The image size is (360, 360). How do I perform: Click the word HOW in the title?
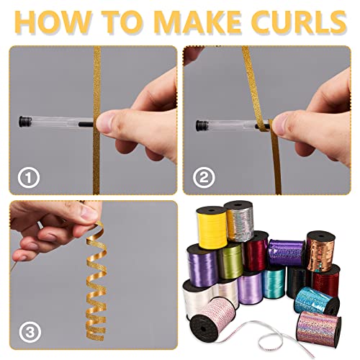53,22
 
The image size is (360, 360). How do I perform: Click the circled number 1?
28,178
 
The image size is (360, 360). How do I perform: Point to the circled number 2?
204,178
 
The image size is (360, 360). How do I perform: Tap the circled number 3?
30,333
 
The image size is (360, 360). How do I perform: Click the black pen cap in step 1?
24,122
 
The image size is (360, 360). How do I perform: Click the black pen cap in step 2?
200,126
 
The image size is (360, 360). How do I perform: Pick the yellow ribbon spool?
212,228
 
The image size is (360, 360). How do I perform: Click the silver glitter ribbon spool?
240,221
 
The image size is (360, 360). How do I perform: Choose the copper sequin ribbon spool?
321,251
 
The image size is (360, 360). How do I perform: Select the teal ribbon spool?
274,282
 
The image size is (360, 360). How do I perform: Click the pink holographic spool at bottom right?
319,329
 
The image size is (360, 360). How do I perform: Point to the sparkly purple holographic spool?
286,253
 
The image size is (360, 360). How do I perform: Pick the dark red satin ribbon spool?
256,251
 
